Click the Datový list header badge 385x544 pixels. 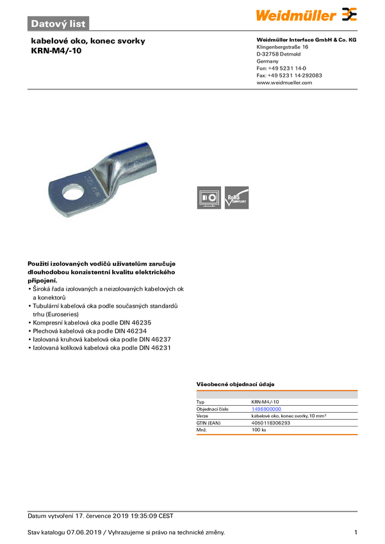click(58, 24)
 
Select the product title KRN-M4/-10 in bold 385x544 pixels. click(56, 50)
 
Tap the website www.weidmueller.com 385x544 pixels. click(284, 83)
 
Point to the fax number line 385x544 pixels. click(289, 75)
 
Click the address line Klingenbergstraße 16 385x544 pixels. click(283, 47)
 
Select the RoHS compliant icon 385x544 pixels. click(236, 198)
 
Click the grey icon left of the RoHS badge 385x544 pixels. click(208, 198)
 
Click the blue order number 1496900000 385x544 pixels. click(266, 408)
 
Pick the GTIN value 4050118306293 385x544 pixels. click(271, 423)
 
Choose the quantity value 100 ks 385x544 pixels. click(259, 430)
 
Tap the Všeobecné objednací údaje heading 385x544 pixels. click(235, 384)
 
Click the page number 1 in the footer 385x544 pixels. click(356, 532)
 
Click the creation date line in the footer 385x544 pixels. click(100, 516)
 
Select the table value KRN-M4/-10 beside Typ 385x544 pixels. click(265, 401)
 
